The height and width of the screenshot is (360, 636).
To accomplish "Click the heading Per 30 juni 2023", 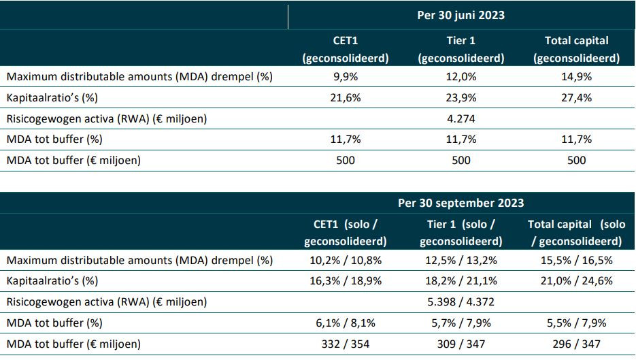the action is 461,16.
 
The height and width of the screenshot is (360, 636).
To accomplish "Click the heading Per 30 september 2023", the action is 461,203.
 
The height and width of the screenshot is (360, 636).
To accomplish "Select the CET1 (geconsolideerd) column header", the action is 346,49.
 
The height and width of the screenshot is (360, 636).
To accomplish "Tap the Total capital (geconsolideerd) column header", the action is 576,49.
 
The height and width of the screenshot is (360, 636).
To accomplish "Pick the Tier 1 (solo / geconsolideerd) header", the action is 461,233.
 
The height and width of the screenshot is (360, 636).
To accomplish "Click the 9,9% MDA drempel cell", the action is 346,77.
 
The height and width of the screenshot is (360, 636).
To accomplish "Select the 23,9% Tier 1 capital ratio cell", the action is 461,98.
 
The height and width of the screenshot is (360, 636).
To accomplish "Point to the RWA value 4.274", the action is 461,119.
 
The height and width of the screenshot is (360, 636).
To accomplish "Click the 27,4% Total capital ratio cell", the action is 576,98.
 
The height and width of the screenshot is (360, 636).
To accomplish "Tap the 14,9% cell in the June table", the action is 576,77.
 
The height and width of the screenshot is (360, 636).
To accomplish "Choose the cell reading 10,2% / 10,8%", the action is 346,260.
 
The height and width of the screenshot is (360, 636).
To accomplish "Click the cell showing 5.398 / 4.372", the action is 461,302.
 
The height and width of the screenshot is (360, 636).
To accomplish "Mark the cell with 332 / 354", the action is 346,344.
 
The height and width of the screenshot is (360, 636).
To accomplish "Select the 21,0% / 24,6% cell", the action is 576,281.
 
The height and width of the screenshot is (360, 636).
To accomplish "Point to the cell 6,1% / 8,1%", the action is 346,323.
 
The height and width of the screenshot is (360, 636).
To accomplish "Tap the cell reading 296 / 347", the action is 576,344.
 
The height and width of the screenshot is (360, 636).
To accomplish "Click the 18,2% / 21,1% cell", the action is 461,281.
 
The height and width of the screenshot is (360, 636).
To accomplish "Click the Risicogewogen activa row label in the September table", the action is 107,302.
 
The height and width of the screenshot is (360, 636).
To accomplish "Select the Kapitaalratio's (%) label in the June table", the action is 52,98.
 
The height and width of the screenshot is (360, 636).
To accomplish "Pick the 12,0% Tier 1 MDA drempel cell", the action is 461,77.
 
